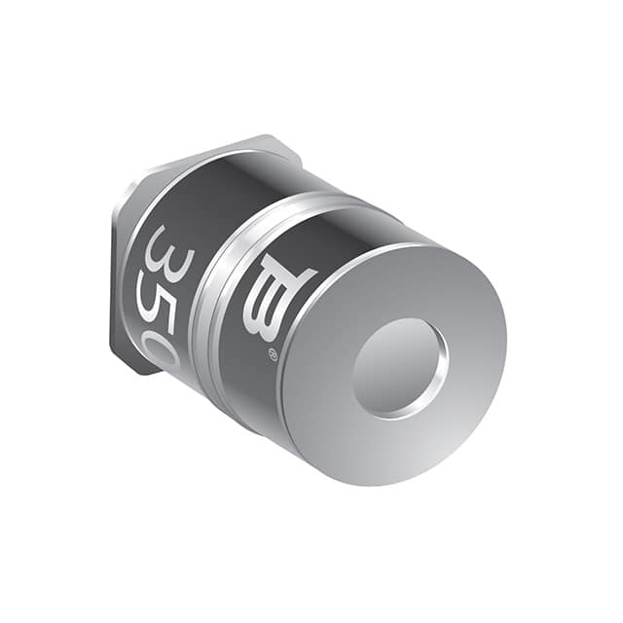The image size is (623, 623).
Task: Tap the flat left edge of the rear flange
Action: [116, 273]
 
